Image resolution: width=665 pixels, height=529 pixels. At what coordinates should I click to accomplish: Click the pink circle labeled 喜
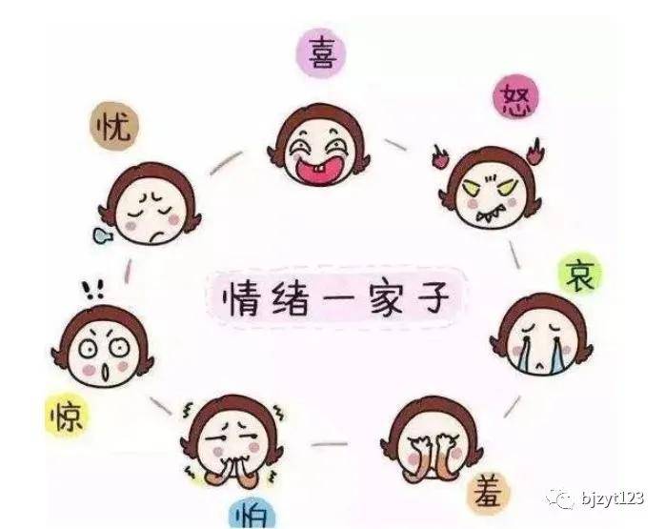pos(321,53)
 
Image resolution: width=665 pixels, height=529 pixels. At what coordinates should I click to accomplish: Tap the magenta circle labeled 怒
pos(515,97)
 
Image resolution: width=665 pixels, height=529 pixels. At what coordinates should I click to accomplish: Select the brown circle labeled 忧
pos(114,126)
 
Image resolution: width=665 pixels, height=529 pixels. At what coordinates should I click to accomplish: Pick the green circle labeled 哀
pos(580,275)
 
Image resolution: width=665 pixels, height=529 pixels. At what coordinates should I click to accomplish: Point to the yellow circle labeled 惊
pos(67,415)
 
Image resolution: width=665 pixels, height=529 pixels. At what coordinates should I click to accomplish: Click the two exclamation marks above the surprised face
pos(92,290)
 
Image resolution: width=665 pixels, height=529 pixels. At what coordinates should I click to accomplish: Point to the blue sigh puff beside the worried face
pos(103,235)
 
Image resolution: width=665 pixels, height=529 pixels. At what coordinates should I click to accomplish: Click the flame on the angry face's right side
pos(535,151)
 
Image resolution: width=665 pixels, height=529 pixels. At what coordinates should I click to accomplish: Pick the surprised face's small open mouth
pos(106,374)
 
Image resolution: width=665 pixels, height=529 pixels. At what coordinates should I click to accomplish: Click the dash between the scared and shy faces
pos(329,444)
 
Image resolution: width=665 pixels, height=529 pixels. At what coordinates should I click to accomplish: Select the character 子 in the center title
pos(433,296)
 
